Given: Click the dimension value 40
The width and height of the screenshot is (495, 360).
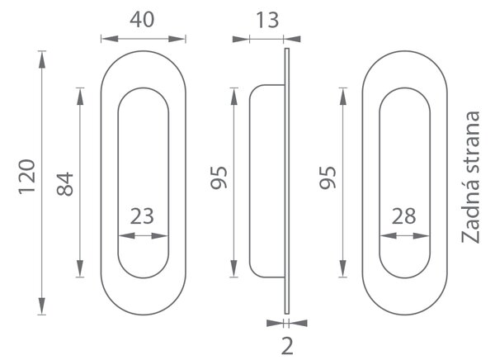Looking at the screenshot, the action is pyautogui.click(x=142, y=20).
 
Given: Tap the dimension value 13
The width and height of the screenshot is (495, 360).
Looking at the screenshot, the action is pyautogui.click(x=267, y=20).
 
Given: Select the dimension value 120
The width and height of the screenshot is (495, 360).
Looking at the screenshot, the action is pyautogui.click(x=27, y=177).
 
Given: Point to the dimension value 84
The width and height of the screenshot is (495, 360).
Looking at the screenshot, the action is pyautogui.click(x=65, y=184).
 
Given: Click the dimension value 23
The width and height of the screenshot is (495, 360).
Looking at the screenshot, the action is pyautogui.click(x=142, y=216).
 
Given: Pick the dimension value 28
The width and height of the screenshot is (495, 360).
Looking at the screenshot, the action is pyautogui.click(x=403, y=216).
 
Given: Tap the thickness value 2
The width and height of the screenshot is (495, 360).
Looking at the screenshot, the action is pyautogui.click(x=287, y=346).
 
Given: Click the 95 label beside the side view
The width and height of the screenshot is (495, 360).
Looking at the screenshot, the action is pyautogui.click(x=219, y=178).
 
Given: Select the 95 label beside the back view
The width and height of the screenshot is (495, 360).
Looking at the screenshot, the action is pyautogui.click(x=328, y=178).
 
